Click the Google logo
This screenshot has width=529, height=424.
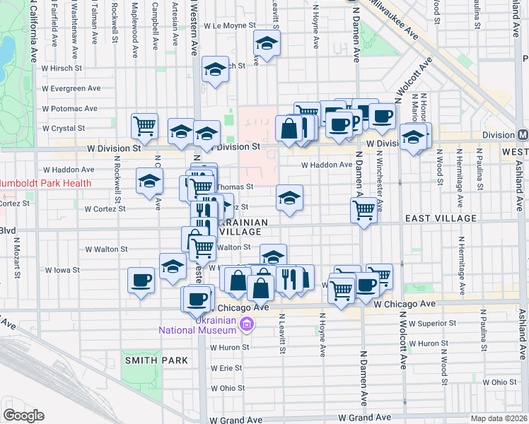click(x=23, y=416)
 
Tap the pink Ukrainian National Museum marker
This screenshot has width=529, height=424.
click(x=247, y=324)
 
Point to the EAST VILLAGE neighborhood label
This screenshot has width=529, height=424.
click(x=441, y=219)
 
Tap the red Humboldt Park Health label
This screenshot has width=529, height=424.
click(x=46, y=183)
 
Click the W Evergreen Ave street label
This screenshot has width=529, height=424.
click(x=71, y=88)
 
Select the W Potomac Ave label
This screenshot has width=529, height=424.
click(x=69, y=109)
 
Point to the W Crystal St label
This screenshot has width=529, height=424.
click(x=64, y=129)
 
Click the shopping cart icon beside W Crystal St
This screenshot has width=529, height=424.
click(x=145, y=124)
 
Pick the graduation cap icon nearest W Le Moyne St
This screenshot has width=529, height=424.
click(x=267, y=43)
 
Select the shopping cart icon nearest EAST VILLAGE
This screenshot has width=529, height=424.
click(x=364, y=208)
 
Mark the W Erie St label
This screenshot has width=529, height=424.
click(x=226, y=368)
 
